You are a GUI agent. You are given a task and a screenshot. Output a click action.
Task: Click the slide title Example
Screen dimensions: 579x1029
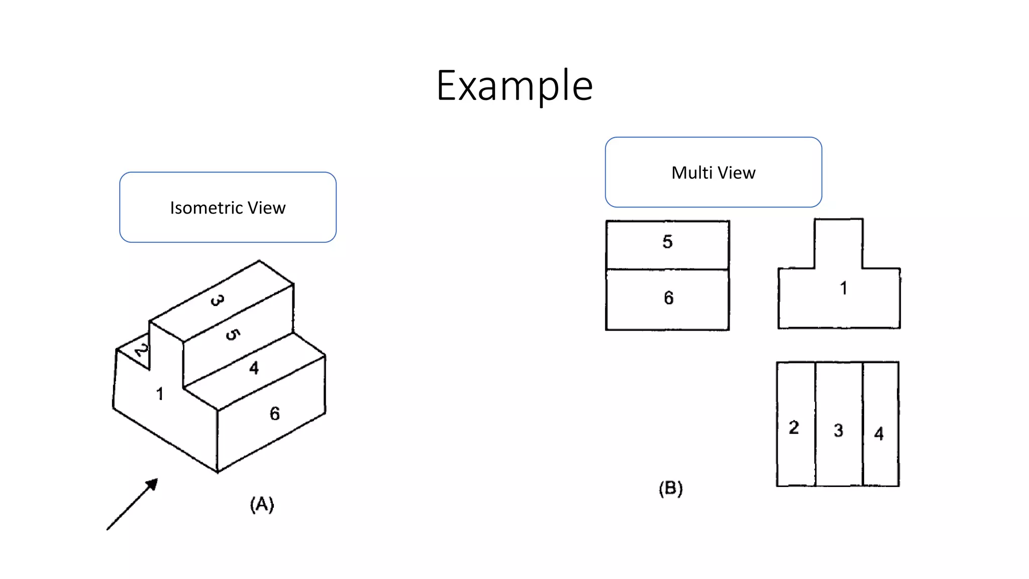click(x=514, y=86)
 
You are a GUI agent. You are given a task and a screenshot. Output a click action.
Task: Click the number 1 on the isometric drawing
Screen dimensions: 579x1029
click(x=160, y=394)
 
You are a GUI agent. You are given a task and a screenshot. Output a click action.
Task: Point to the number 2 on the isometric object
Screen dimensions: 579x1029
click(x=142, y=349)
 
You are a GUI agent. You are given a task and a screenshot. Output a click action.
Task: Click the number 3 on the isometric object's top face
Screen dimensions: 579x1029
click(x=217, y=301)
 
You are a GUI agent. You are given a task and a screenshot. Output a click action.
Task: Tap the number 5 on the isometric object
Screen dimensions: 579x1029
click(x=232, y=335)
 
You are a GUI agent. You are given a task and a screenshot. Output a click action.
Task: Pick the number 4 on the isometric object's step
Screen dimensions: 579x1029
click(x=254, y=368)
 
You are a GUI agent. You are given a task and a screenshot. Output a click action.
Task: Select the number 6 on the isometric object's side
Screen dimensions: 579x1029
click(x=274, y=414)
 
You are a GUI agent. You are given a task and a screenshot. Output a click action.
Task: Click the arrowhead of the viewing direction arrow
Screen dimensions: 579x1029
click(x=152, y=484)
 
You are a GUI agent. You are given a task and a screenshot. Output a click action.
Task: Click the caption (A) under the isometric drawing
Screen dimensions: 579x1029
click(x=262, y=504)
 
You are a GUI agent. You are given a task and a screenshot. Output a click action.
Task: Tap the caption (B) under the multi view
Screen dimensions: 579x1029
click(x=671, y=488)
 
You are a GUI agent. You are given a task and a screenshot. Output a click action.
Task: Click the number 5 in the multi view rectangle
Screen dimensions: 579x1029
click(x=667, y=242)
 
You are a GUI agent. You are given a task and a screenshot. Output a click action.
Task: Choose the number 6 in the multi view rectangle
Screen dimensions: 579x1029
click(x=668, y=298)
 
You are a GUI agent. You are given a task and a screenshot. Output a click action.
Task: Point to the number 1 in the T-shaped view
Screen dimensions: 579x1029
click(x=844, y=288)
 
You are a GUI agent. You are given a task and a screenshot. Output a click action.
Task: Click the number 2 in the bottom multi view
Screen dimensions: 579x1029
click(x=794, y=427)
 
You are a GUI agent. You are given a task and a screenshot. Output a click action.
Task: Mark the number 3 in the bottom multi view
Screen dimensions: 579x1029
click(x=838, y=430)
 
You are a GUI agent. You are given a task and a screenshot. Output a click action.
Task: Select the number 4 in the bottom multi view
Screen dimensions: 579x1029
click(x=879, y=433)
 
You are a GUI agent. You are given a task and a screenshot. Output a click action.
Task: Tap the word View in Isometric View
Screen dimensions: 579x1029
click(x=266, y=208)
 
